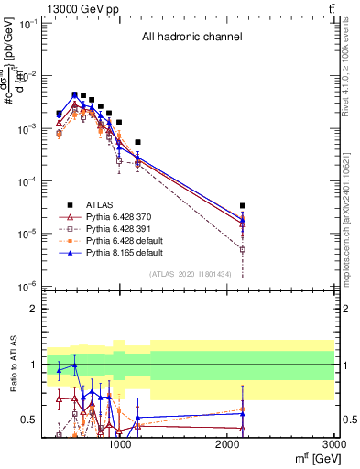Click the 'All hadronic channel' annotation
tap(191, 38)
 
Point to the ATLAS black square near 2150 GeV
tap(243, 206)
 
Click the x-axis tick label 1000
tap(118, 446)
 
